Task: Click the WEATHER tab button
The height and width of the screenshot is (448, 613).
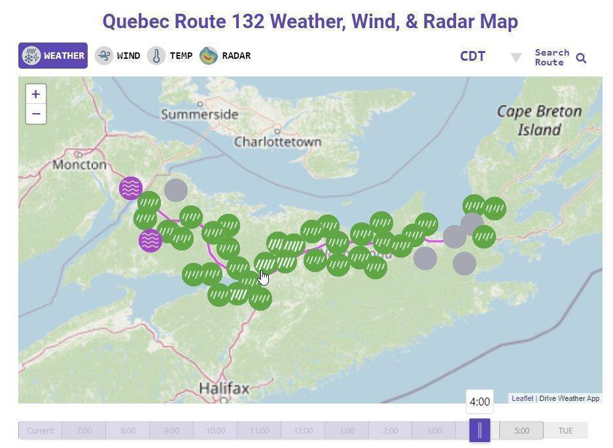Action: pyautogui.click(x=53, y=56)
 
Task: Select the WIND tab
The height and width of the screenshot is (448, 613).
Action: pyautogui.click(x=118, y=56)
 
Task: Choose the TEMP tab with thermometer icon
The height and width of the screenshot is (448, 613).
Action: pyautogui.click(x=170, y=56)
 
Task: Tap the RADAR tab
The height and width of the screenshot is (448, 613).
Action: pyautogui.click(x=226, y=56)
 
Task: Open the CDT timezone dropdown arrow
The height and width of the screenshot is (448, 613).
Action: pyautogui.click(x=516, y=58)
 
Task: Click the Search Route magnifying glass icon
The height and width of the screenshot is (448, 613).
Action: pyautogui.click(x=581, y=58)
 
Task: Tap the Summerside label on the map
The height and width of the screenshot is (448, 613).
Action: pyautogui.click(x=200, y=114)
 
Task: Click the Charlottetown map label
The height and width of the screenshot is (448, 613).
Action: pyautogui.click(x=277, y=142)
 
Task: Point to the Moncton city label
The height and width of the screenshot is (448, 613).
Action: pyautogui.click(x=79, y=164)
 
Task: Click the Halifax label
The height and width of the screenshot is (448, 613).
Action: pyautogui.click(x=224, y=388)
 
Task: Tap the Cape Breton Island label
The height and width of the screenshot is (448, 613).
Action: pyautogui.click(x=539, y=120)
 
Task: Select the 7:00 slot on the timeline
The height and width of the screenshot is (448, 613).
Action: pyautogui.click(x=84, y=430)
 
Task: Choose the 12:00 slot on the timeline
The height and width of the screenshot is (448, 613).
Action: pyautogui.click(x=303, y=430)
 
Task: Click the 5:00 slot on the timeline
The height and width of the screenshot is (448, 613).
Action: pyautogui.click(x=521, y=430)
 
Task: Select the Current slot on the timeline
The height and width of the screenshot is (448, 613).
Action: pyautogui.click(x=41, y=430)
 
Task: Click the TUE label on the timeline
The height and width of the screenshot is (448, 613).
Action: pyautogui.click(x=565, y=430)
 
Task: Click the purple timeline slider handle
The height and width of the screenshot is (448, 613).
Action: pyautogui.click(x=480, y=430)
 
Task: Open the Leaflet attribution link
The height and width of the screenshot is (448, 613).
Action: pyautogui.click(x=522, y=398)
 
